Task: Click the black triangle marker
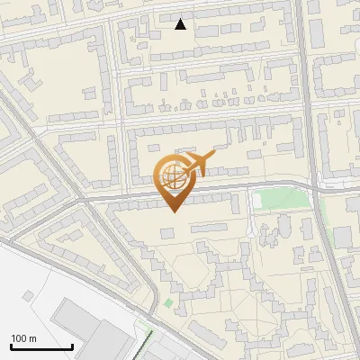pyautogui.click(x=181, y=24)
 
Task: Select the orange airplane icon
pyautogui.click(x=197, y=165)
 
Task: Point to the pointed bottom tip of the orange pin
pyautogui.click(x=174, y=212)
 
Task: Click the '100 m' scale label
pyautogui.click(x=23, y=338)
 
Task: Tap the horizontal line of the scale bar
pyautogui.click(x=41, y=347)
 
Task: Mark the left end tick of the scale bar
pyautogui.click(x=11, y=346)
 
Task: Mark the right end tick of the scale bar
pyautogui.click(x=72, y=346)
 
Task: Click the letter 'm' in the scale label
pyautogui.click(x=32, y=338)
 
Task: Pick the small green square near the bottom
pyautogui.click(x=167, y=303)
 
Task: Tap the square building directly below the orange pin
pyautogui.click(x=167, y=233)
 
